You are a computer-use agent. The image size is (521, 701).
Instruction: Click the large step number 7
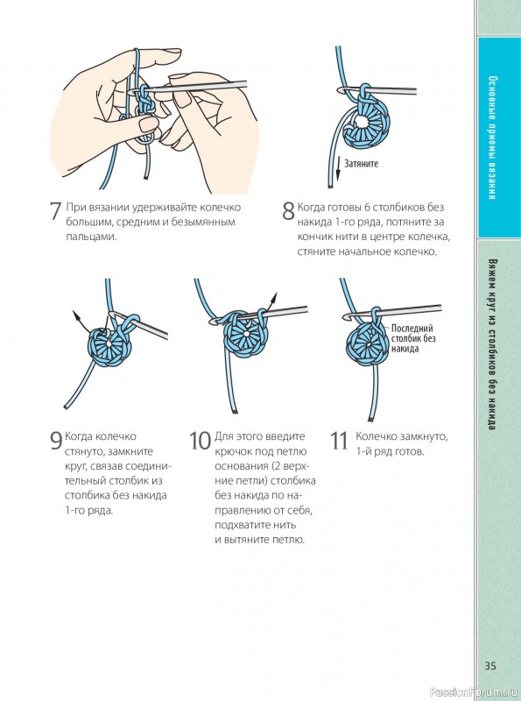pos(55,211)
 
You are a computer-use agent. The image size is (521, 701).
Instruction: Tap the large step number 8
pos(288,211)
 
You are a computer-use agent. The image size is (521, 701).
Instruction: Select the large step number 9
pos(56,441)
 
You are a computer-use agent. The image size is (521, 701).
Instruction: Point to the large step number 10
pos(200,441)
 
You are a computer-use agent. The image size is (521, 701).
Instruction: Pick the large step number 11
pos(339,441)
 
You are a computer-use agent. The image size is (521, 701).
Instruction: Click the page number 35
pos(490,666)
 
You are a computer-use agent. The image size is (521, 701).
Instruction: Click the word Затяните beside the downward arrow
pos(361,164)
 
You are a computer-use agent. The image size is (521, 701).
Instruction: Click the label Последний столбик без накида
pos(413,338)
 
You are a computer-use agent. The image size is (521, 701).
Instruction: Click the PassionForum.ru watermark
pos(475,692)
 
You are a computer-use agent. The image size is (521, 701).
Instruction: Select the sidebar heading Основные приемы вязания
pos(491,138)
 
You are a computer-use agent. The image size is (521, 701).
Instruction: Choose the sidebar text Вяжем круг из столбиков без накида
pos(491,344)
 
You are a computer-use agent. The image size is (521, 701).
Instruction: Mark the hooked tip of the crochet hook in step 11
pos(346,317)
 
